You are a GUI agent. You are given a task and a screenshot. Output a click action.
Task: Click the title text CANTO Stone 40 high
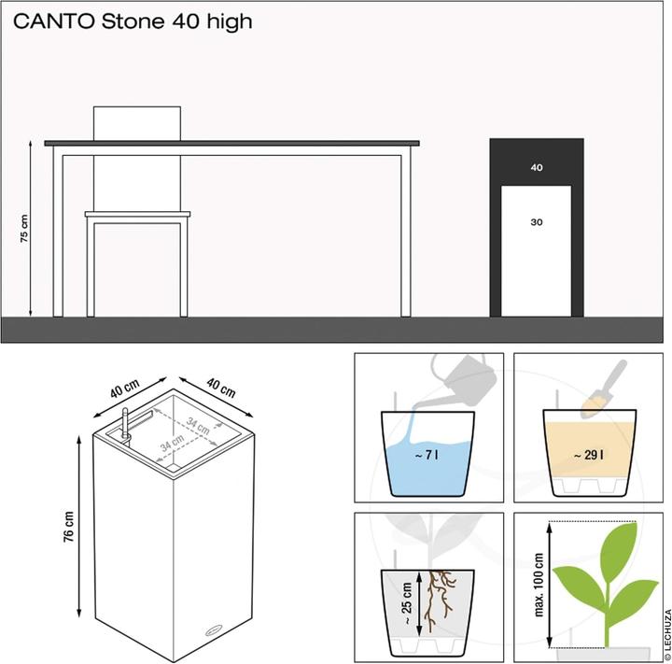[x=132, y=21]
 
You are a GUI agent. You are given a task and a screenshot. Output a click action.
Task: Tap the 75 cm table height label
[x=25, y=230]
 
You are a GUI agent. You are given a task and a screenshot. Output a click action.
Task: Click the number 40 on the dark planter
[x=536, y=168]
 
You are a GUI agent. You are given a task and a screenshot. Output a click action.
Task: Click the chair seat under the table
[x=138, y=215]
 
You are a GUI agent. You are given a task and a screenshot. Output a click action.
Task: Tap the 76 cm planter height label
[x=69, y=530]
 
